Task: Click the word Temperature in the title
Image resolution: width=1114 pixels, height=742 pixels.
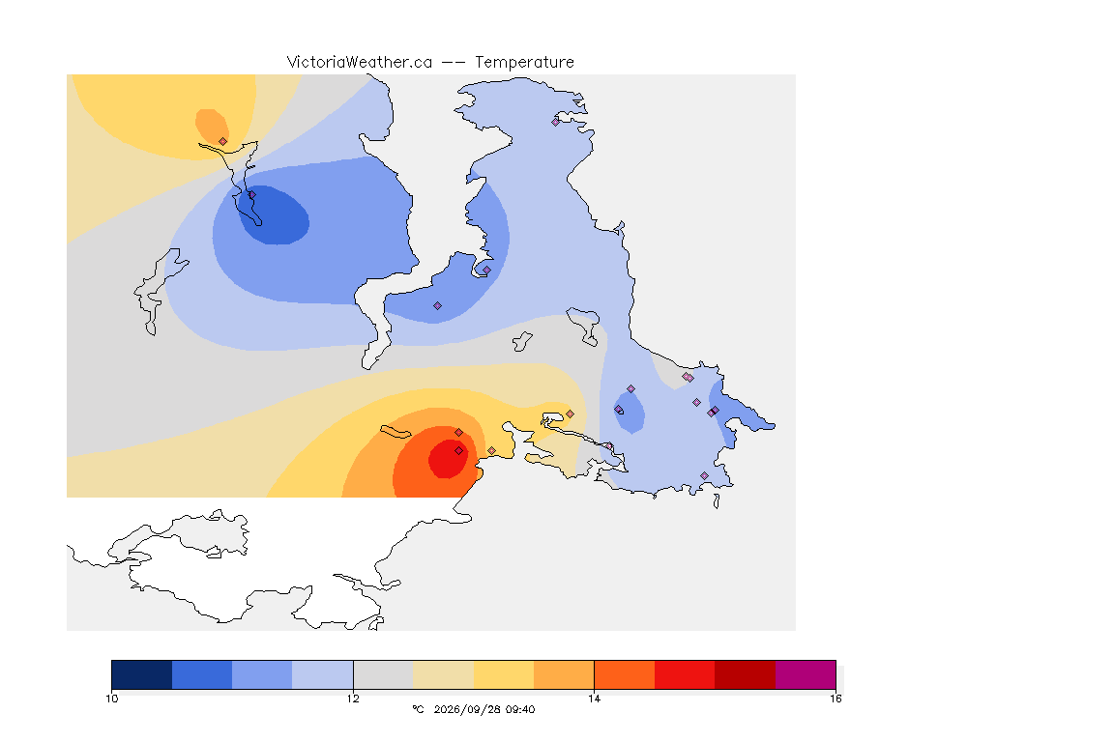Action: pos(524,63)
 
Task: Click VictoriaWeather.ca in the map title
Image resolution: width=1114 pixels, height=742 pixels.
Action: pos(360,63)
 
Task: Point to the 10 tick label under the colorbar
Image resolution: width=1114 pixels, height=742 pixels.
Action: pos(112,699)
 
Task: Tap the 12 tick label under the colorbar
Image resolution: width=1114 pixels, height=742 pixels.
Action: pos(353,699)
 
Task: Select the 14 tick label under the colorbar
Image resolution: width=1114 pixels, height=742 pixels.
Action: pos(594,699)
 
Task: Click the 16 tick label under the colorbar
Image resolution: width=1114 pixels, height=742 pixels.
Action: pos(835,699)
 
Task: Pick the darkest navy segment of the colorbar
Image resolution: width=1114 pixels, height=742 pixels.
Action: pos(142,674)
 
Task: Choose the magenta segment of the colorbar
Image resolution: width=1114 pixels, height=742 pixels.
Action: pos(805,674)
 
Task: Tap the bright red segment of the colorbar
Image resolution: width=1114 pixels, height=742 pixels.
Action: pos(685,674)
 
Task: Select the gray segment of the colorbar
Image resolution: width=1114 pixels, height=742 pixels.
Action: pos(383,674)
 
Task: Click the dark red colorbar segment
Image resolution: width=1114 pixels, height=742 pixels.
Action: pos(745,674)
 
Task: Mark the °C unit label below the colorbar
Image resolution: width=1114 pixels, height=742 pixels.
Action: pos(418,709)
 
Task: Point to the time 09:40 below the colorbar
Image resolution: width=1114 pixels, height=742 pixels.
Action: pos(521,709)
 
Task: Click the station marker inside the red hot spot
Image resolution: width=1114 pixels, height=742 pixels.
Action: pos(459,451)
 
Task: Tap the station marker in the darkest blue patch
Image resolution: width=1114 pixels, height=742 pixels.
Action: pos(251,194)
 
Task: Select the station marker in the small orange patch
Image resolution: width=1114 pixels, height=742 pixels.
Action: pos(223,141)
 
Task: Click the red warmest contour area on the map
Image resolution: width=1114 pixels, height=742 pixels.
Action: pos(448,459)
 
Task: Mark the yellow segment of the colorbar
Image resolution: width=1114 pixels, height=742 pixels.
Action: pos(504,674)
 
